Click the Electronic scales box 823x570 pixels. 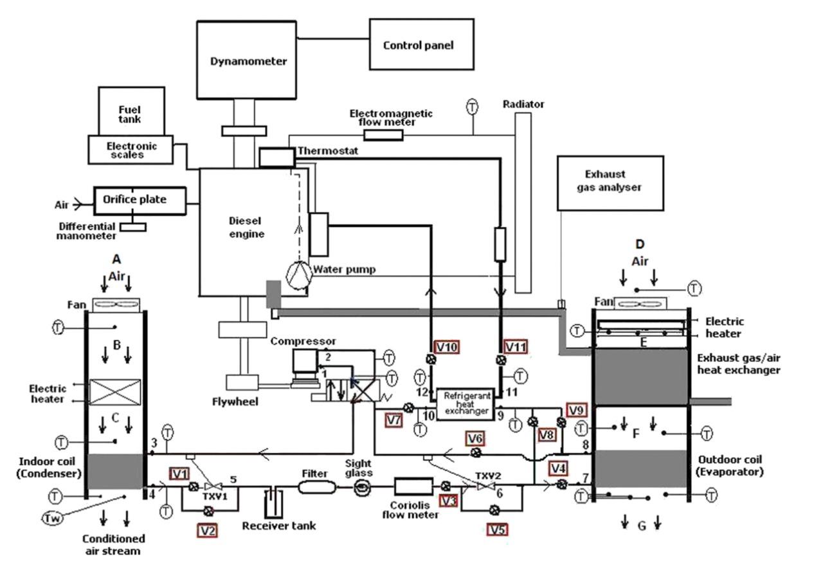coord(131,150)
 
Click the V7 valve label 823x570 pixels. coord(395,420)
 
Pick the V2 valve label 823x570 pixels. coord(208,530)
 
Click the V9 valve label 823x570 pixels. coord(575,410)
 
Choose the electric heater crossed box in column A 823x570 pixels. coord(114,391)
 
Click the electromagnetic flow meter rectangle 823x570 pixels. coord(383,134)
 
